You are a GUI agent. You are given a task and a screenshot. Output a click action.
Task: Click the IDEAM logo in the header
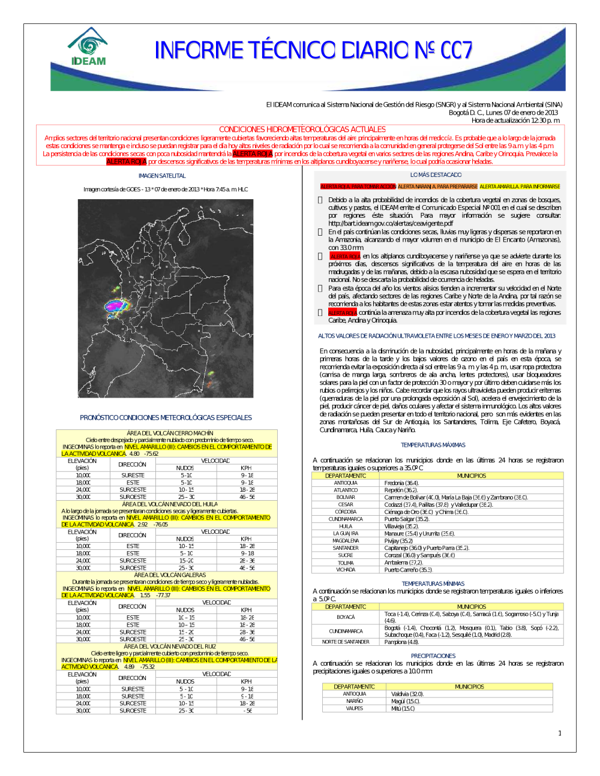click(x=88, y=47)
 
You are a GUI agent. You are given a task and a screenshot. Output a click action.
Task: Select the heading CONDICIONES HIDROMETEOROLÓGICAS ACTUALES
click(x=302, y=129)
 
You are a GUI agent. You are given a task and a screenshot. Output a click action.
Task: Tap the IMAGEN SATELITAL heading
click(x=162, y=176)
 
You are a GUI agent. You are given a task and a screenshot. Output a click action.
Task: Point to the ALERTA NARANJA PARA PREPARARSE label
click(x=437, y=187)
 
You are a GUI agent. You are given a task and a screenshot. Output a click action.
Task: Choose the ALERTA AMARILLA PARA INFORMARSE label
click(x=520, y=187)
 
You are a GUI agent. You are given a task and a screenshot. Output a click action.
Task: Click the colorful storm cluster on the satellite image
click(x=117, y=306)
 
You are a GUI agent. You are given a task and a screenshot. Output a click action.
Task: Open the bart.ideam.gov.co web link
click(x=391, y=223)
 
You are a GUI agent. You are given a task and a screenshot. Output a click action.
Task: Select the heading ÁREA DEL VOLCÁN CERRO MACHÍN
click(x=170, y=433)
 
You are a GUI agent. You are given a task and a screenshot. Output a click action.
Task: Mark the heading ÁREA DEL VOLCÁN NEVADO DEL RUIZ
click(x=170, y=646)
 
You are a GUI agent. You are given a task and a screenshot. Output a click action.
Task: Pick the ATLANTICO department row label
click(x=346, y=490)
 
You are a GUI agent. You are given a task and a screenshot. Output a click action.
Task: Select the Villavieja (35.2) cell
click(x=401, y=527)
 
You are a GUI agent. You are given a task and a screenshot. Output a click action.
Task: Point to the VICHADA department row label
click(x=346, y=570)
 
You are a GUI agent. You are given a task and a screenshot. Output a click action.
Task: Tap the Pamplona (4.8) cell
click(x=401, y=642)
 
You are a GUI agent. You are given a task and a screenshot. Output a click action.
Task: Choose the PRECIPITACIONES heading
click(x=433, y=656)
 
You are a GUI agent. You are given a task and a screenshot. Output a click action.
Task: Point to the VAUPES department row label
click(x=354, y=708)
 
